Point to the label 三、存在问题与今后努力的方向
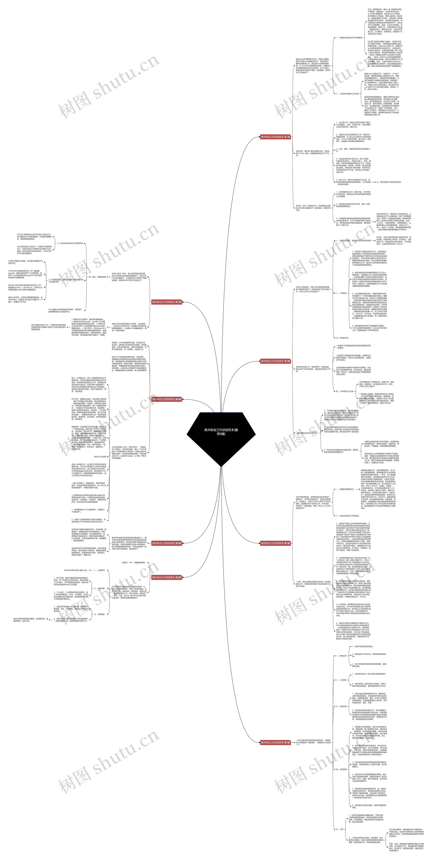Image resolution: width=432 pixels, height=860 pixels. click(x=389, y=182)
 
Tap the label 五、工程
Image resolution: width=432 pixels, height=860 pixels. click(x=340, y=829)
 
